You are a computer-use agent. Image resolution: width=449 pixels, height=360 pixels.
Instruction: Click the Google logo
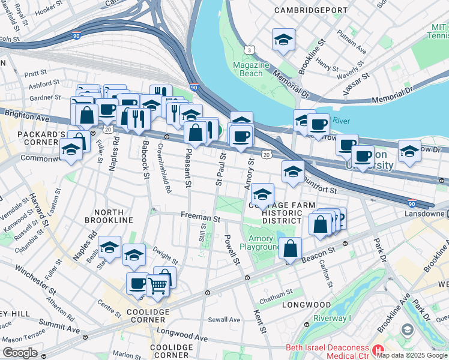[20, 353]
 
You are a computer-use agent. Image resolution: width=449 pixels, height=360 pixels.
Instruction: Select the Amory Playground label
[261, 242]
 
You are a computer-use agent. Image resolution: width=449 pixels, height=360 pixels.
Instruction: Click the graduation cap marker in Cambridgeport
[283, 40]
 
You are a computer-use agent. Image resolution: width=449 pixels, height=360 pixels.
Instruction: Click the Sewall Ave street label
[225, 320]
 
